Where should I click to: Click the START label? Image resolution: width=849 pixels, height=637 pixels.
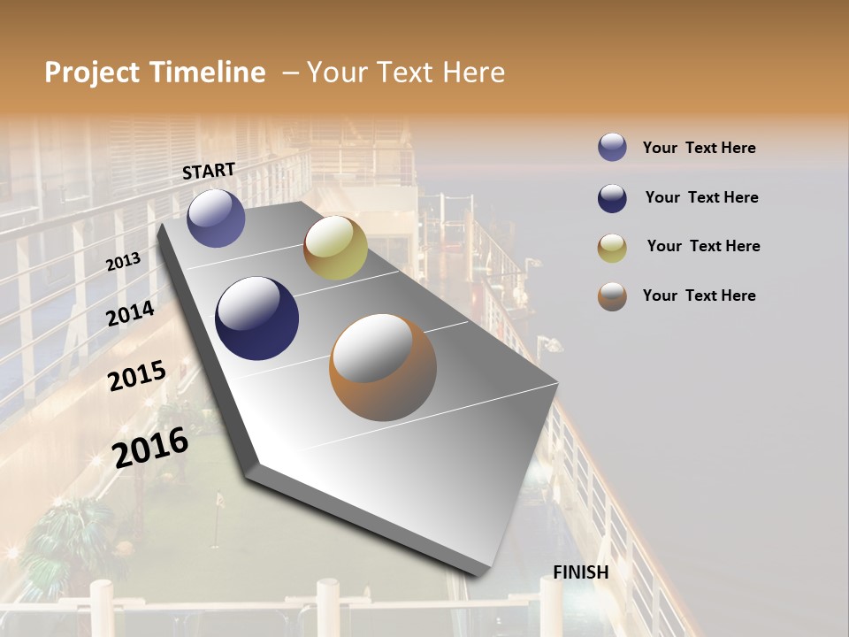pyautogui.click(x=209, y=171)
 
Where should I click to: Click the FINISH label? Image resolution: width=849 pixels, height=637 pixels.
pyautogui.click(x=581, y=572)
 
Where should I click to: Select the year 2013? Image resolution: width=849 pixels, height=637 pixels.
pyautogui.click(x=124, y=262)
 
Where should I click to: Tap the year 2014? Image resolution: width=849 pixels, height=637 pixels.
pyautogui.click(x=130, y=313)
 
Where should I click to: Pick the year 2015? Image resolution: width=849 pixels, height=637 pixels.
pyautogui.click(x=137, y=376)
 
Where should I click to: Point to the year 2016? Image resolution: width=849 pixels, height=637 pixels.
pyautogui.click(x=150, y=447)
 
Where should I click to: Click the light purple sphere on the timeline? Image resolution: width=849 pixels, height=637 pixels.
pyautogui.click(x=217, y=218)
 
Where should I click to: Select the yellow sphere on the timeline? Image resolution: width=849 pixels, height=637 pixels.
pyautogui.click(x=335, y=248)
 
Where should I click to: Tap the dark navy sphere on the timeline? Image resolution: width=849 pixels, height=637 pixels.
pyautogui.click(x=256, y=318)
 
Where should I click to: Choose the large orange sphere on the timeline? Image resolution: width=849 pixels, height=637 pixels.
pyautogui.click(x=383, y=367)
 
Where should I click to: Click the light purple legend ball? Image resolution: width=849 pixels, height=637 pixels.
pyautogui.click(x=612, y=148)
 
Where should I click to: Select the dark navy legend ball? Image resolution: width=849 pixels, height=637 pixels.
pyautogui.click(x=612, y=198)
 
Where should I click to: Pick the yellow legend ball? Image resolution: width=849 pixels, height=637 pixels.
pyautogui.click(x=612, y=248)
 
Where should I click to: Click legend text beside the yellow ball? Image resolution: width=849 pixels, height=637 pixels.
pyautogui.click(x=703, y=246)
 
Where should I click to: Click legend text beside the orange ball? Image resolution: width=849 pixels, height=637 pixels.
pyautogui.click(x=700, y=295)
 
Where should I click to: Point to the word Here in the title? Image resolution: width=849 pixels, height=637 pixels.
pyautogui.click(x=472, y=73)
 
